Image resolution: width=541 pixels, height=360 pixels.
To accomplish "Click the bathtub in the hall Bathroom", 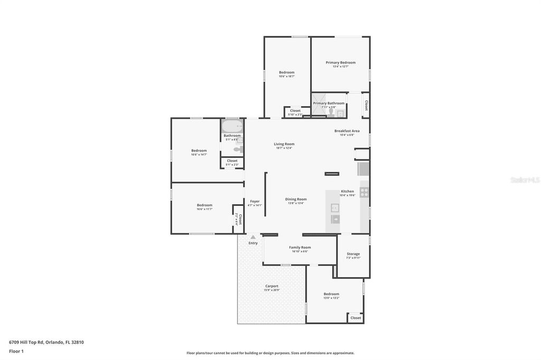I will (232, 127).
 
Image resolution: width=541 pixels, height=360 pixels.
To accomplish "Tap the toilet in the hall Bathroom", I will (238, 149).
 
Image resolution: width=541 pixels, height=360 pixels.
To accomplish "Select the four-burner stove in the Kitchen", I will (364, 192).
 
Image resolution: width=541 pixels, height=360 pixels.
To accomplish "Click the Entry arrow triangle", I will (253, 237).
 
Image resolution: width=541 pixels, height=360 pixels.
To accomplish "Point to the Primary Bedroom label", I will (340, 63).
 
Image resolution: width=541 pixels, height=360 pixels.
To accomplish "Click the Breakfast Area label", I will (347, 131).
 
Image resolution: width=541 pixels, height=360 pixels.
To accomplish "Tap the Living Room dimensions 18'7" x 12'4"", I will (284, 148).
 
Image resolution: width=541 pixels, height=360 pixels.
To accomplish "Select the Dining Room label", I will (296, 199).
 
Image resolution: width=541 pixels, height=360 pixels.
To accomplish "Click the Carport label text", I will (272, 286).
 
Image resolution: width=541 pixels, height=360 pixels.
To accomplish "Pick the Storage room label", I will (353, 254).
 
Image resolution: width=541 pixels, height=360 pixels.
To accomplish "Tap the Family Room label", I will (300, 247).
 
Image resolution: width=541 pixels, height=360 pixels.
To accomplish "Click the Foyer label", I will (255, 201).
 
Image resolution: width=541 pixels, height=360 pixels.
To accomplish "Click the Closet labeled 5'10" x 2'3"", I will (295, 111).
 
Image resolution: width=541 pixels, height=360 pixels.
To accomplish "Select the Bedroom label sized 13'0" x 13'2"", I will (331, 294).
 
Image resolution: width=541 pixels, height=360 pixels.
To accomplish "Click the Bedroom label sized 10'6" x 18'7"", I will (287, 72).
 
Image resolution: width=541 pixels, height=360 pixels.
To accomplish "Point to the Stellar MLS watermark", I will (525, 180).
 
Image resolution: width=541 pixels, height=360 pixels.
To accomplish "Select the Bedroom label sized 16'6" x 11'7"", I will (204, 205).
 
